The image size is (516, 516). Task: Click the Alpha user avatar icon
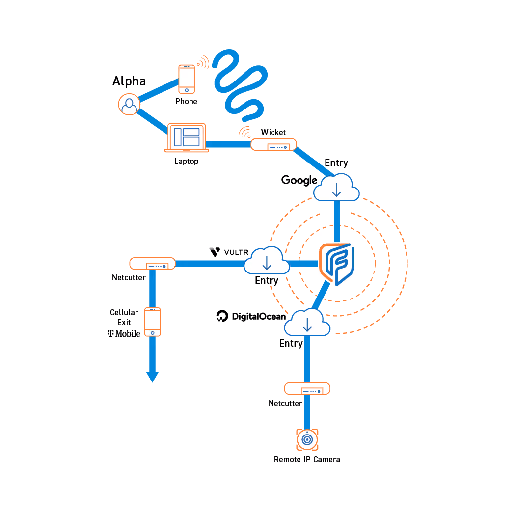[129, 104]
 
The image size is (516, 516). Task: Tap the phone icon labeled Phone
[187, 80]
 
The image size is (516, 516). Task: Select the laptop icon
[187, 137]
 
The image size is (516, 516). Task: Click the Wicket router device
[273, 144]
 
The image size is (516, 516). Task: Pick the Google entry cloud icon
[336, 187]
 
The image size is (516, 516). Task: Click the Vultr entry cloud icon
[267, 260]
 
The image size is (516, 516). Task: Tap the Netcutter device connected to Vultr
[152, 264]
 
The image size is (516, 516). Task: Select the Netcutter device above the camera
[307, 389]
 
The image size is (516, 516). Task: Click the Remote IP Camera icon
[307, 439]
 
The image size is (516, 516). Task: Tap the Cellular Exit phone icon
[152, 322]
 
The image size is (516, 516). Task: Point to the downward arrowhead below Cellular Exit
[152, 377]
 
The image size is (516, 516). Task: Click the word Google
[299, 180]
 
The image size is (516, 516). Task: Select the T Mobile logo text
[124, 334]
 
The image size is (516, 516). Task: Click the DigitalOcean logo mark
[222, 316]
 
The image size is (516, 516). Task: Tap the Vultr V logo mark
[215, 252]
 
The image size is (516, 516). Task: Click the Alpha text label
[129, 81]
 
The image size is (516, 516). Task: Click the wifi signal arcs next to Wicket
[245, 132]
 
